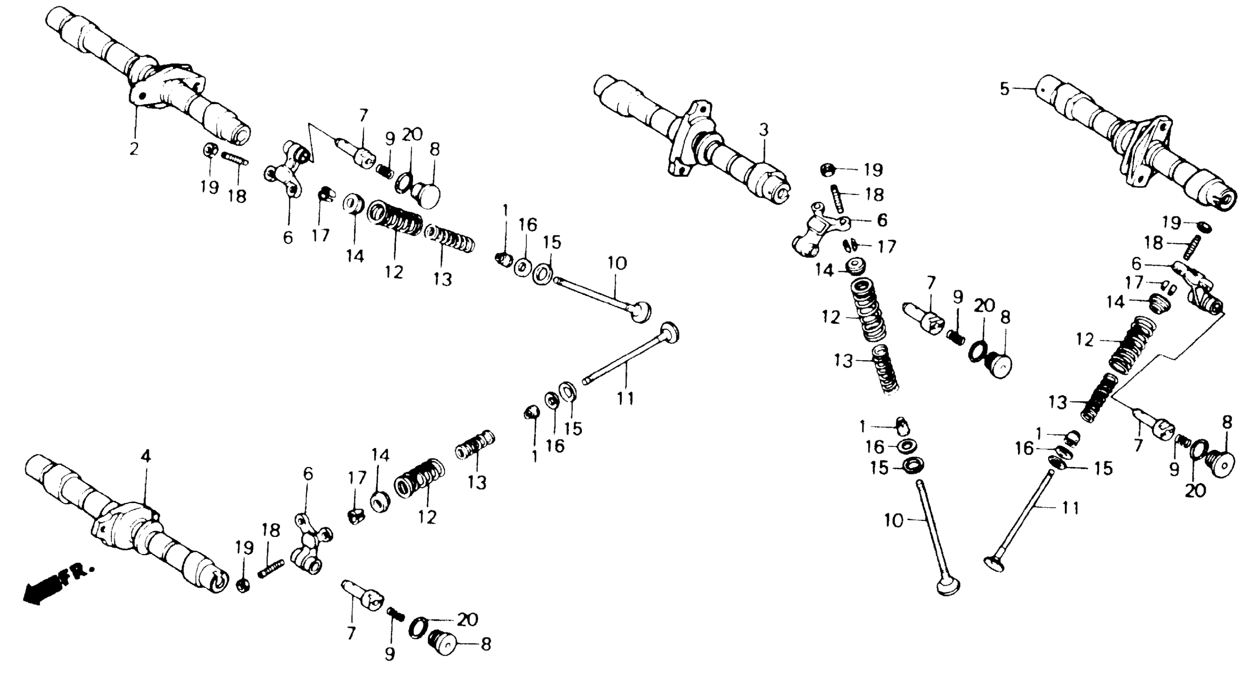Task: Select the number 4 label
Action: click(x=145, y=456)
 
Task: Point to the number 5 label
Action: click(x=1005, y=89)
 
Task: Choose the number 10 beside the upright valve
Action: click(x=894, y=521)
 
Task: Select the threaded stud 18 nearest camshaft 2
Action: click(x=235, y=158)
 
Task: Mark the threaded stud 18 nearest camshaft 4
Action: click(x=271, y=569)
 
